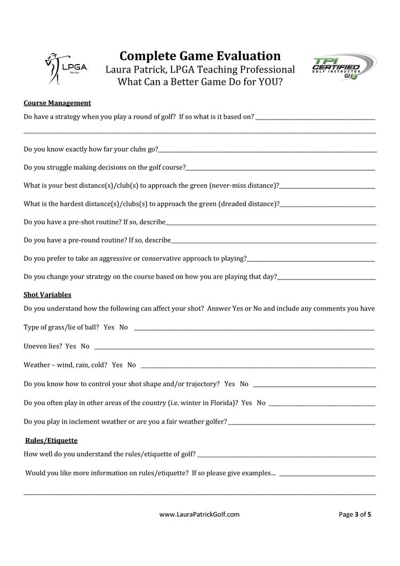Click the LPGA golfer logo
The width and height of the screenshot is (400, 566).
click(x=57, y=69)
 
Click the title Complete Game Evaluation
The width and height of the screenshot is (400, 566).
click(x=200, y=56)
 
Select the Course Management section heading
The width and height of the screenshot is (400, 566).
click(x=57, y=103)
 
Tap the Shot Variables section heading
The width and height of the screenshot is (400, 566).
click(x=47, y=294)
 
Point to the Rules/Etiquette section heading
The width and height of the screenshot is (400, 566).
click(x=52, y=441)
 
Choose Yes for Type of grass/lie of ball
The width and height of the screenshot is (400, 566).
click(x=109, y=327)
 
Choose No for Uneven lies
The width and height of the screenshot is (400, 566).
click(x=85, y=346)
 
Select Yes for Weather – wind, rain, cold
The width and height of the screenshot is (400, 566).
click(x=117, y=365)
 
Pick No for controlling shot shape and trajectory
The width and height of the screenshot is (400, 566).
click(x=244, y=384)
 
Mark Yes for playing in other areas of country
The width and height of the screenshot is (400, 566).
click(x=246, y=403)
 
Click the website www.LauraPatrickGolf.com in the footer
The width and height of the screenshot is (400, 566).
click(x=199, y=515)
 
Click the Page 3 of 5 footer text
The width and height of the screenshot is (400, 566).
click(x=355, y=515)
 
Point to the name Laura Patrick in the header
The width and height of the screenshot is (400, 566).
click(x=135, y=70)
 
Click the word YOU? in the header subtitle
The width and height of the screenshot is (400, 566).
click(x=269, y=83)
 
